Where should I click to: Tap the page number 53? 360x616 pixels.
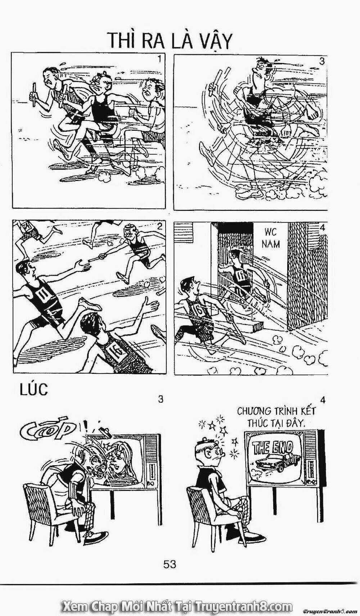click(170, 564)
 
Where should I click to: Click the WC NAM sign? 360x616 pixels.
click(270, 238)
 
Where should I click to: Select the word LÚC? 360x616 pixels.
click(33, 390)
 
